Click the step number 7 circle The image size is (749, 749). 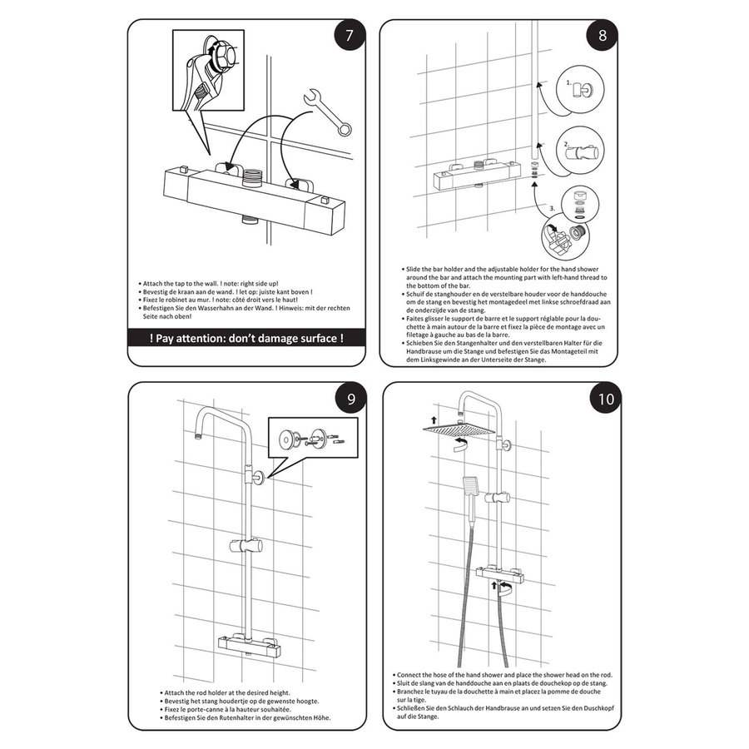click(349, 37)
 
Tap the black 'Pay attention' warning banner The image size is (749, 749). click(246, 339)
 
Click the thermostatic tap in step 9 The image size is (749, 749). click(247, 643)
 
